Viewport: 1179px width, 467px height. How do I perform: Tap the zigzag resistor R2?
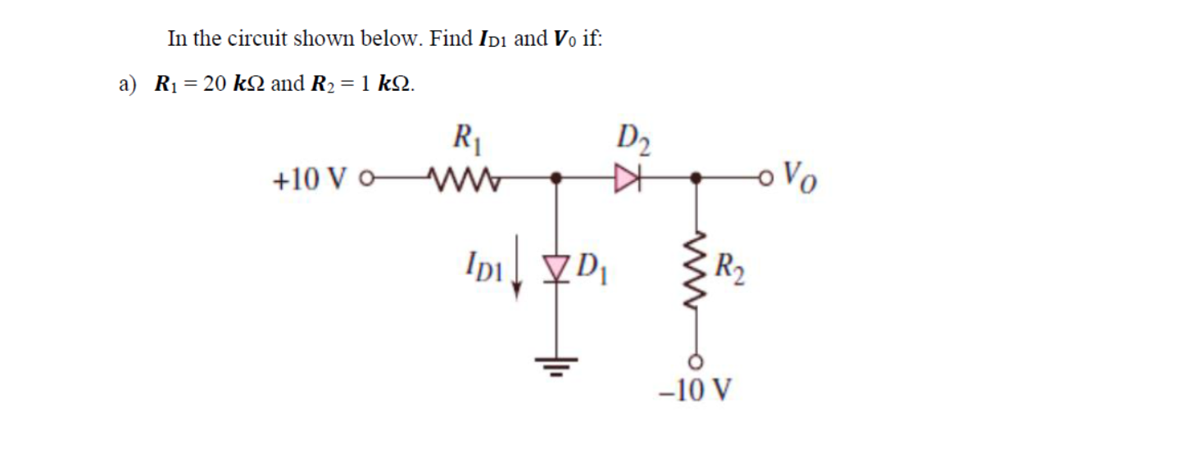click(697, 267)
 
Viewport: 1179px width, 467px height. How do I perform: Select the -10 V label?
click(696, 391)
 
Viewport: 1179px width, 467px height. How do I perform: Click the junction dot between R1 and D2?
click(557, 176)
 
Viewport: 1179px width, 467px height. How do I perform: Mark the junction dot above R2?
click(697, 176)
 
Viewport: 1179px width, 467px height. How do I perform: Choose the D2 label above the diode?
click(633, 136)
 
